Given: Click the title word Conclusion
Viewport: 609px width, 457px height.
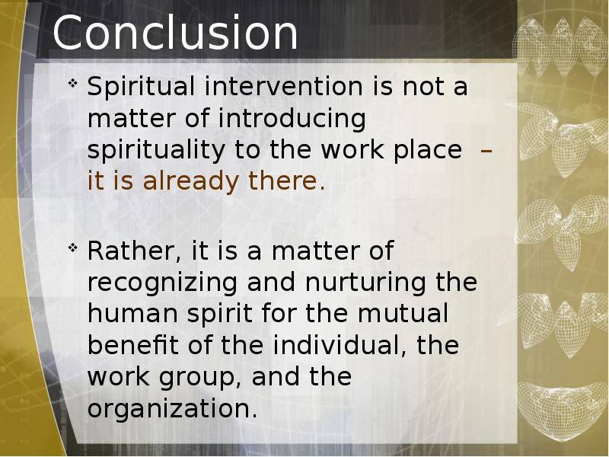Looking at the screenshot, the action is tap(175, 32).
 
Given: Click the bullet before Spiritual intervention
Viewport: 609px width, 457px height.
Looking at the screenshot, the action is tap(72, 83).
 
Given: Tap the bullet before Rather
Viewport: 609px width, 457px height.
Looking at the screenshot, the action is tap(72, 248).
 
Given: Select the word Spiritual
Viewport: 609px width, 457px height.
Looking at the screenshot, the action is tap(141, 88).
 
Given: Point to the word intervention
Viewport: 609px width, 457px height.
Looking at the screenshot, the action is tap(283, 86).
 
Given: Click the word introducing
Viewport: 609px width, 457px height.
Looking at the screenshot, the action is tap(292, 120).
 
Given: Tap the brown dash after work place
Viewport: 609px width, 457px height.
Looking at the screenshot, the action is tap(486, 150).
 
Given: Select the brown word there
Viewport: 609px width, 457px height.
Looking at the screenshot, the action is tap(287, 181).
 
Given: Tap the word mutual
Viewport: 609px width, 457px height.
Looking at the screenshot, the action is tap(403, 314).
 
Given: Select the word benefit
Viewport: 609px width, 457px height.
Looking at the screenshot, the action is tap(132, 345).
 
